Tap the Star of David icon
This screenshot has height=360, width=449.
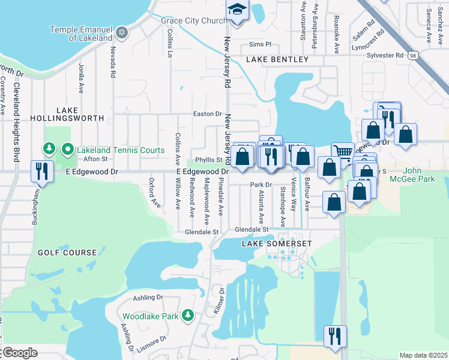point(122,32)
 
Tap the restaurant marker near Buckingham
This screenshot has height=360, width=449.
point(41,171)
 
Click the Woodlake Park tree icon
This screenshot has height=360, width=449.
point(188,315)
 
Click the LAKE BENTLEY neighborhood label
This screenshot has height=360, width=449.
point(277,59)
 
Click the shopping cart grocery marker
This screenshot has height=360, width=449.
point(343,152)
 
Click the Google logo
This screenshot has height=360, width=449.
point(19,353)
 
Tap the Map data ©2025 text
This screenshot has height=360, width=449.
point(423,355)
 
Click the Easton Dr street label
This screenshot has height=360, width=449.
point(208,113)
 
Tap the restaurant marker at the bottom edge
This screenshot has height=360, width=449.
point(333,335)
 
